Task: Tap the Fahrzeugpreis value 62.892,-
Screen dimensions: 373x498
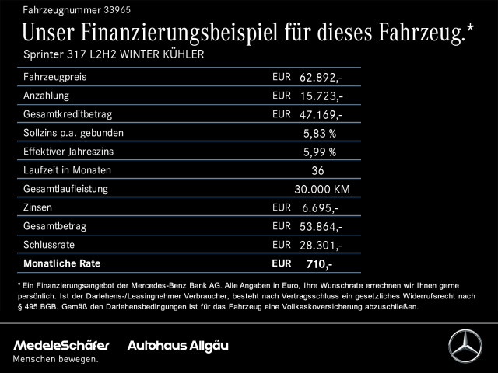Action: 321,77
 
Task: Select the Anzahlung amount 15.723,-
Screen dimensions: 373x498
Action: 321,96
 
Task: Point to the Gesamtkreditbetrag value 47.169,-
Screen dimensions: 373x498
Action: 321,114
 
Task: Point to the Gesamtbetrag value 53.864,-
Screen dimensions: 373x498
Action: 321,226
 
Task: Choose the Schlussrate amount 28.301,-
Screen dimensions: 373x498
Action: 321,245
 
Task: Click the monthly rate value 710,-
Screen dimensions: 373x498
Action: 319,264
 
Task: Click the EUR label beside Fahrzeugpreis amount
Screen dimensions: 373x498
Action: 282,77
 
